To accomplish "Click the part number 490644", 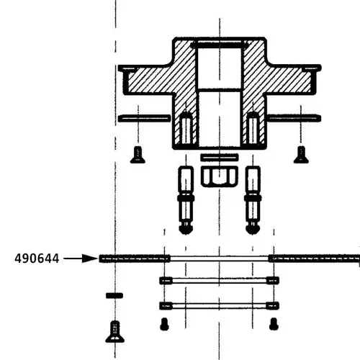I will click(x=36, y=258).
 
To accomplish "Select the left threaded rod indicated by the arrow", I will click(x=135, y=258).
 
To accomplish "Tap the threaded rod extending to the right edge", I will click(x=314, y=257).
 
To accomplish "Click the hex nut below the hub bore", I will click(x=220, y=176).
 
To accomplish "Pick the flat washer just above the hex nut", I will click(x=220, y=157).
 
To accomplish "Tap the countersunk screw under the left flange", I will click(x=138, y=154).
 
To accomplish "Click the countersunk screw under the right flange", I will click(x=301, y=154).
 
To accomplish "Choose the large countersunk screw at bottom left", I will click(x=114, y=331).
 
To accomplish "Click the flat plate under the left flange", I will click(x=145, y=117).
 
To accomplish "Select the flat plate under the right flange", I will click(x=294, y=117).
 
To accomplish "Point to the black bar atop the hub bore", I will click(x=220, y=45).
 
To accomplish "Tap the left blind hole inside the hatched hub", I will click(x=186, y=127).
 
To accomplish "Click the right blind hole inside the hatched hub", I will click(x=253, y=127).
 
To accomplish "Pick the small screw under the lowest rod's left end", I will click(x=165, y=324).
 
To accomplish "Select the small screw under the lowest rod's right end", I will click(x=273, y=324).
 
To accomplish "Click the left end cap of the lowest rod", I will click(x=165, y=305).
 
